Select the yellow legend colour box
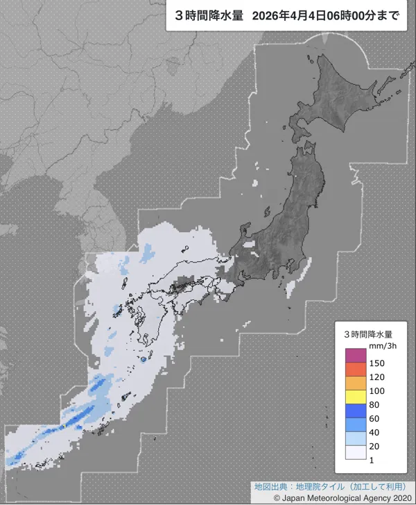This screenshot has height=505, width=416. click(x=355, y=397)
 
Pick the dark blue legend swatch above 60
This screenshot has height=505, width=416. click(x=355, y=411)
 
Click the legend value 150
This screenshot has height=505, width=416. click(x=377, y=363)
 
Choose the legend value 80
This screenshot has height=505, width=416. click(x=375, y=404)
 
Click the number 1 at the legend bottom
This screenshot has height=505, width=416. click(x=372, y=460)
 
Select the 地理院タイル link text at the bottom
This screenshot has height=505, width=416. click(x=311, y=486)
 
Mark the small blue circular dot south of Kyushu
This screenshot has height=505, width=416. click(x=144, y=360)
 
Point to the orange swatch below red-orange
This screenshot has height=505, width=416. click(x=355, y=383)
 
